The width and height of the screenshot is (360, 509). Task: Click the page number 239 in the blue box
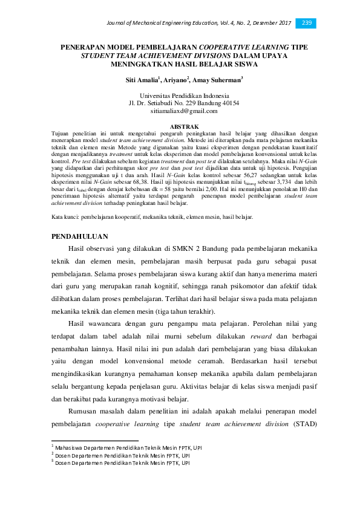coord(306,23)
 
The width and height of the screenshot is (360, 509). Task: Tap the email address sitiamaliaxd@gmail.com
coord(183,111)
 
